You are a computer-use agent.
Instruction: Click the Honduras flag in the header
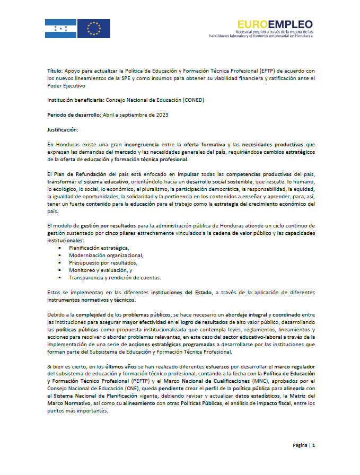pos(60,28)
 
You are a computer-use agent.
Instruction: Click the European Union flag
pos(94,28)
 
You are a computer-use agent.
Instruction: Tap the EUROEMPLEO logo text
pos(275,24)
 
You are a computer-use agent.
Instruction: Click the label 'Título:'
pos(55,70)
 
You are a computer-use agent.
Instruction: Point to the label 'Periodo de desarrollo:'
pos(73,114)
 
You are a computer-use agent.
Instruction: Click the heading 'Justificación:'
pos(63,129)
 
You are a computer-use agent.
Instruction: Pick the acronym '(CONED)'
pos(193,99)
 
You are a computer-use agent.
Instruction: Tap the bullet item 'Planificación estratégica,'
pos(99,248)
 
